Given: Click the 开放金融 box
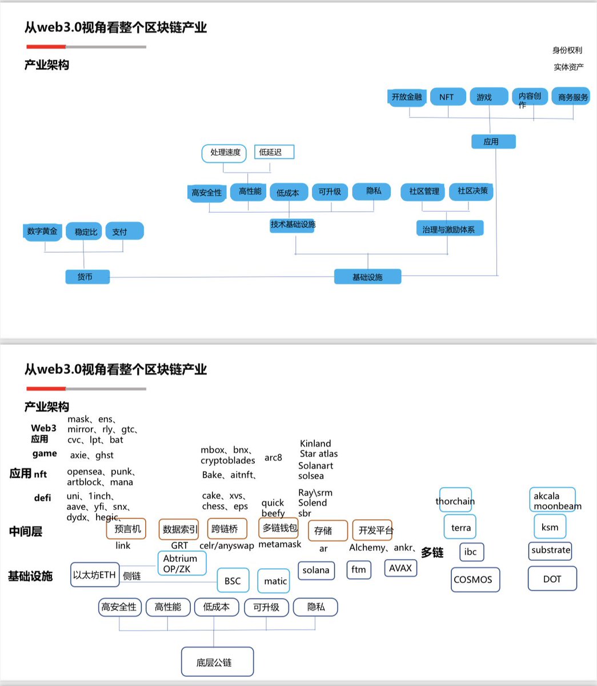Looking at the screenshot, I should click(x=407, y=97).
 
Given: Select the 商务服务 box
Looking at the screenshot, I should click(x=572, y=97).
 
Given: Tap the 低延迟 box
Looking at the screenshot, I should click(x=274, y=152).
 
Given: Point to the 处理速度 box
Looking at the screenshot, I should click(x=225, y=153).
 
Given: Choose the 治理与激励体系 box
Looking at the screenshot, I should click(x=449, y=229).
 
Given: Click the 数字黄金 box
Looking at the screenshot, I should click(x=42, y=232).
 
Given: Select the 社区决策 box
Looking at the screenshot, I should click(x=472, y=191).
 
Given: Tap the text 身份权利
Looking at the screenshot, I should click(x=567, y=50).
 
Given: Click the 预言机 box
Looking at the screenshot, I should click(x=126, y=529).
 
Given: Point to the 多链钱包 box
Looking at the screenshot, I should click(x=279, y=528).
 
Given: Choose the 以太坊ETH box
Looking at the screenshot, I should click(x=95, y=575).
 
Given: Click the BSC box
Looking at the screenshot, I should click(x=233, y=581).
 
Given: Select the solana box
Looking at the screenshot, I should click(x=316, y=571).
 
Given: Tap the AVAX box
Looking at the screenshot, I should click(x=400, y=568).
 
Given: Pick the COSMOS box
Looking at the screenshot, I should click(x=473, y=580).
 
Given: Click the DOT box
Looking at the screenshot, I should click(x=552, y=579).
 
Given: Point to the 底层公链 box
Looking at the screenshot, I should click(x=217, y=662).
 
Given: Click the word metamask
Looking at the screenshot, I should click(x=279, y=544).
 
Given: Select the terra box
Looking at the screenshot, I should click(x=460, y=527).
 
